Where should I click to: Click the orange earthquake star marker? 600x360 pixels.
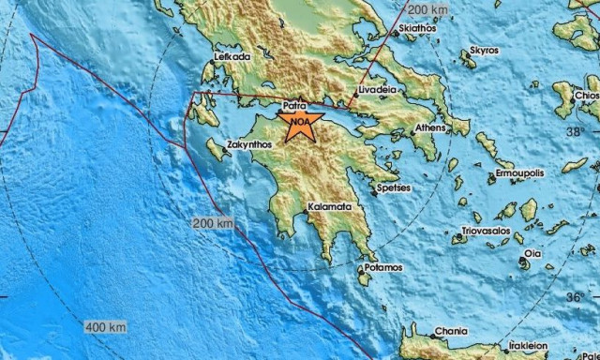(x=298, y=123)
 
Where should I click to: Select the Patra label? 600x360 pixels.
(x=293, y=108)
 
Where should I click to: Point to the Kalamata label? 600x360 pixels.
(x=330, y=204)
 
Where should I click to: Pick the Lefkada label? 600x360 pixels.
(x=232, y=56)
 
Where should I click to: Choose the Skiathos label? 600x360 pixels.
(x=417, y=29)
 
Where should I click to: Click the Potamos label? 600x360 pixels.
(x=384, y=267)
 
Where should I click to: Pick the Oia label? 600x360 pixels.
(x=532, y=253)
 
